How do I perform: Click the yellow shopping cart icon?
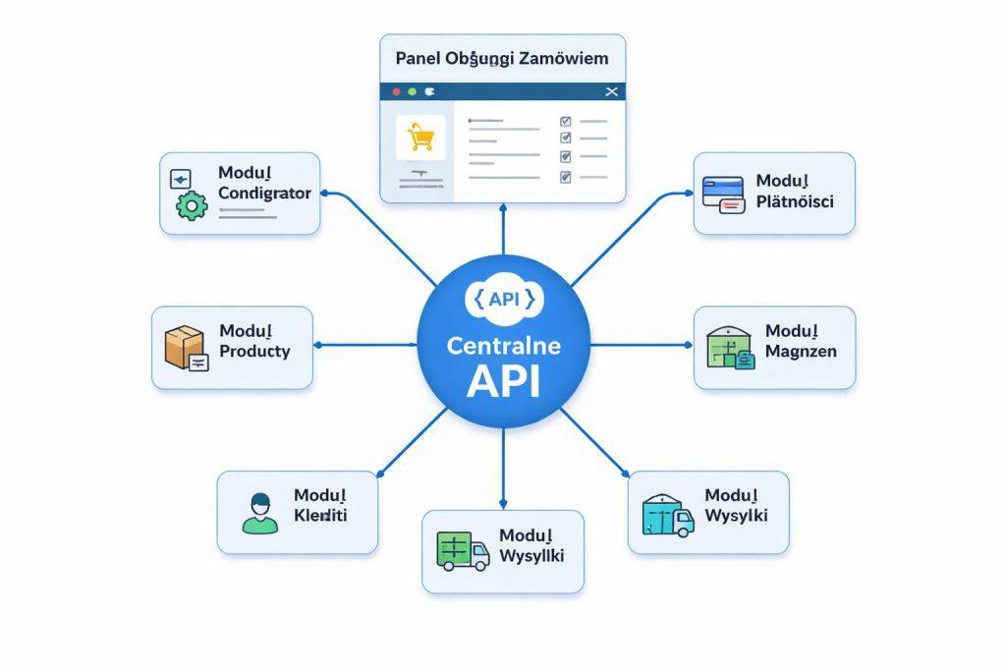[420, 137]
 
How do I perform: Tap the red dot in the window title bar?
[396, 91]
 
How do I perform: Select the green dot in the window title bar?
[413, 91]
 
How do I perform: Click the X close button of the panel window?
[612, 91]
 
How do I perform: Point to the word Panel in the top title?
[416, 58]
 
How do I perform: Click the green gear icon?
[191, 204]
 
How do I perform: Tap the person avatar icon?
[259, 513]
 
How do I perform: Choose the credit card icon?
[724, 194]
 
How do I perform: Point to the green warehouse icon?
[731, 347]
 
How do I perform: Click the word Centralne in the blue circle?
[502, 347]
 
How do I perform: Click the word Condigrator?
[264, 194]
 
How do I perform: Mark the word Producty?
[254, 351]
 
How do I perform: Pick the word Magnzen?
[801, 351]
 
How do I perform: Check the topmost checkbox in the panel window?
[565, 122]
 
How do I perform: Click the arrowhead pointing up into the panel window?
[503, 208]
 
